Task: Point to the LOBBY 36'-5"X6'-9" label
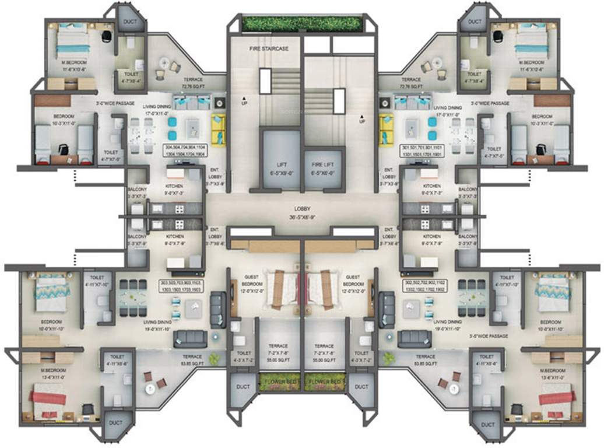[x=301, y=212]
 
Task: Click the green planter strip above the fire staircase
[x=301, y=23]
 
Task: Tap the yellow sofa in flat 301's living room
[x=385, y=128]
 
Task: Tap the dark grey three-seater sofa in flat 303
[x=189, y=338]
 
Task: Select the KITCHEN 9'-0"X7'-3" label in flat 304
[x=175, y=190]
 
